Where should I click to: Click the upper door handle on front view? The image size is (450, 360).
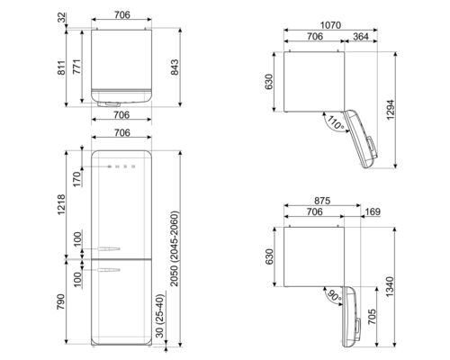(108, 244)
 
